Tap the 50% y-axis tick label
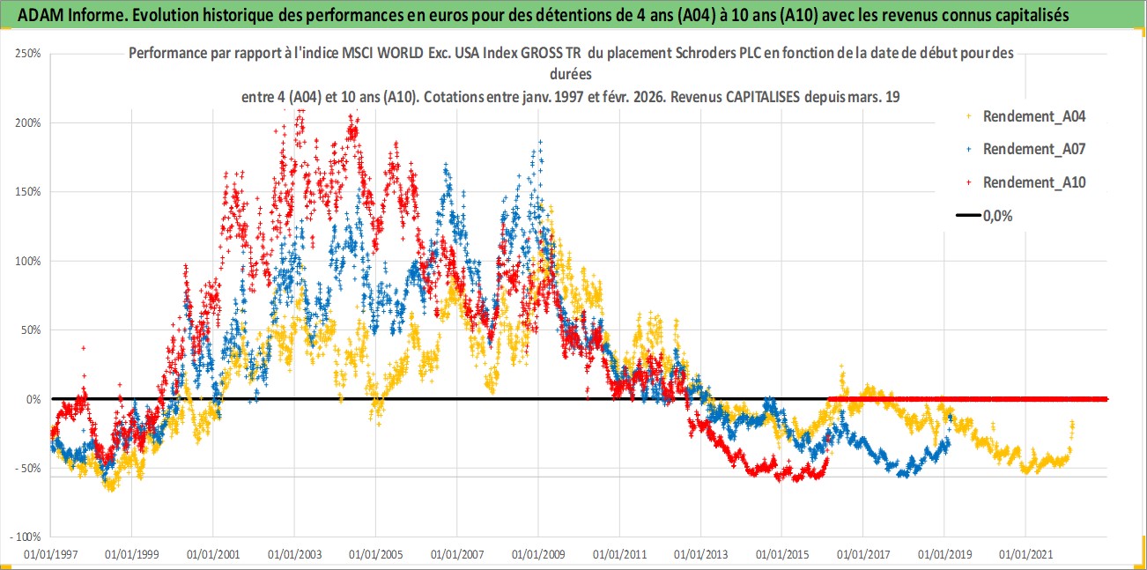31,330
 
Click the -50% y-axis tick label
28,469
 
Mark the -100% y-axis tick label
26,537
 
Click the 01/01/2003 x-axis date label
294,555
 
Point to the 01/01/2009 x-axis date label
538,555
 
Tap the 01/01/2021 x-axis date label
1025,555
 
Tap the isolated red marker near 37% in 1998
84,348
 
